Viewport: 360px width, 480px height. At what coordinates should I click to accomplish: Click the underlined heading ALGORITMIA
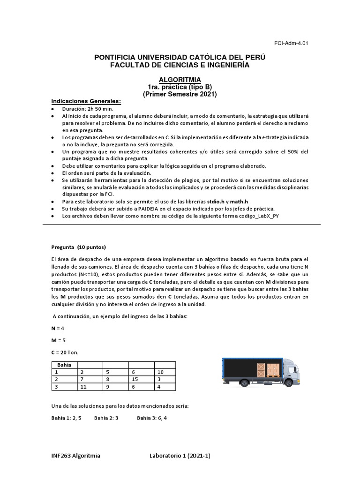(x=180, y=80)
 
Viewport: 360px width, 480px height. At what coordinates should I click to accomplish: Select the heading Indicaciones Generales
(x=86, y=101)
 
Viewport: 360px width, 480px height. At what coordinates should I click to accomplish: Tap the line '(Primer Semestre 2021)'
(x=180, y=94)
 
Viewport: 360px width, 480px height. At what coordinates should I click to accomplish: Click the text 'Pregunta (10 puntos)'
(x=78, y=247)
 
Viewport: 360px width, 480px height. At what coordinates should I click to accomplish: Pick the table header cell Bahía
(x=64, y=365)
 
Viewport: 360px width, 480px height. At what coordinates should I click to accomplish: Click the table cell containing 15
(x=141, y=379)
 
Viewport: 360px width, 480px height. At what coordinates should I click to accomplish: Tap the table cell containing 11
(x=90, y=387)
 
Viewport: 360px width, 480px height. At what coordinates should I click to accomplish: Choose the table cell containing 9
(x=115, y=387)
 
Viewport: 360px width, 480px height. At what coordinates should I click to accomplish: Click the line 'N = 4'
(x=58, y=329)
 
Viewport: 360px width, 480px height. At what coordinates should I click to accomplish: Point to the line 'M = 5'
(x=59, y=340)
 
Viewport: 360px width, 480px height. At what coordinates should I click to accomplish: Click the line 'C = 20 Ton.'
(x=67, y=352)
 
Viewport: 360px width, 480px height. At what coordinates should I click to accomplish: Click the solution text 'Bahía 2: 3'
(x=106, y=418)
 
